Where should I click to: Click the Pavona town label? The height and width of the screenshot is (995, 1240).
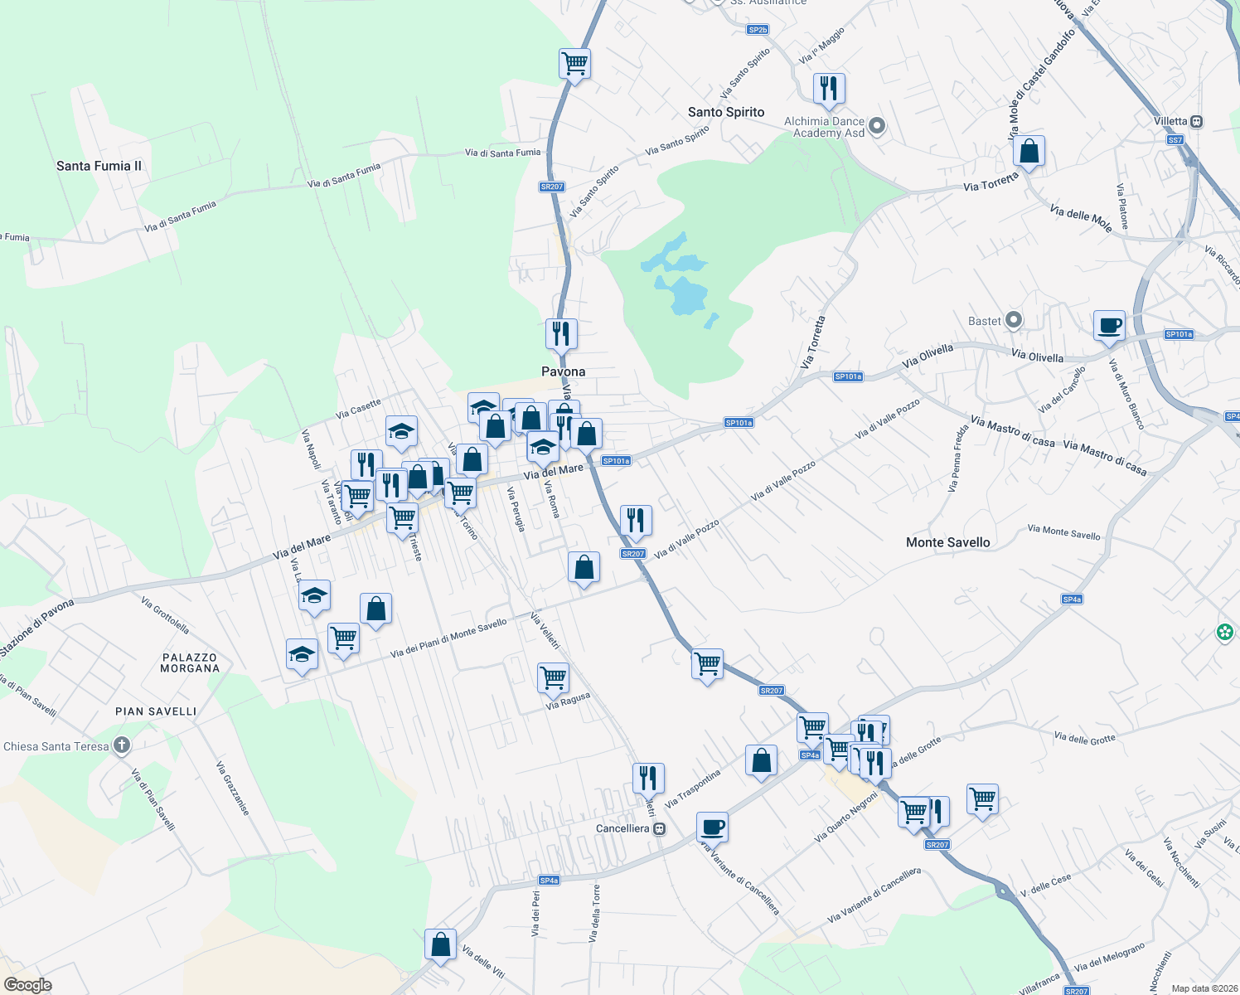[563, 371]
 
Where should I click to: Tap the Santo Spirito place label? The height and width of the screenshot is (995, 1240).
[726, 112]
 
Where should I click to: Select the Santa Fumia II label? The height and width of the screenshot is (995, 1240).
[99, 166]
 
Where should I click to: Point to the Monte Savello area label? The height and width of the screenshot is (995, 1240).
[947, 542]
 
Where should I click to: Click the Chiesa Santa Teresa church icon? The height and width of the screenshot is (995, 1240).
[122, 745]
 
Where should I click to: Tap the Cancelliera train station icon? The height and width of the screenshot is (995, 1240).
[660, 828]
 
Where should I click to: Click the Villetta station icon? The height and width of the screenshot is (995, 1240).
[1196, 121]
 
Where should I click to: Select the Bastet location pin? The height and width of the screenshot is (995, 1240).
[1014, 320]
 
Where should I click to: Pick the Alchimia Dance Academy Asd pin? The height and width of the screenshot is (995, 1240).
[877, 126]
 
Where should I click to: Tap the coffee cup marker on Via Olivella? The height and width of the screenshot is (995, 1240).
[1109, 325]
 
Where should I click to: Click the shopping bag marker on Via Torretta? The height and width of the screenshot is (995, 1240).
[1029, 152]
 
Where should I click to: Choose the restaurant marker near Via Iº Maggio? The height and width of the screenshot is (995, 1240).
[829, 88]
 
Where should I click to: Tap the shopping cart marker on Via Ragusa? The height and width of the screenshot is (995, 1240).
[553, 677]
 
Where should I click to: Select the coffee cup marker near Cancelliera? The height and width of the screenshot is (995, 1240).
[712, 827]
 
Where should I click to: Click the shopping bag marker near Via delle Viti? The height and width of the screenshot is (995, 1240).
[440, 944]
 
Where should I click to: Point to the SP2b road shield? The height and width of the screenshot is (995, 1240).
[758, 30]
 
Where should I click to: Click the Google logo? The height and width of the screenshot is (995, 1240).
[27, 985]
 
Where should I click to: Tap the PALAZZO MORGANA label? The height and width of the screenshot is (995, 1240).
[190, 663]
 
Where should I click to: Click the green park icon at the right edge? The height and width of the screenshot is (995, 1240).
[1225, 633]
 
